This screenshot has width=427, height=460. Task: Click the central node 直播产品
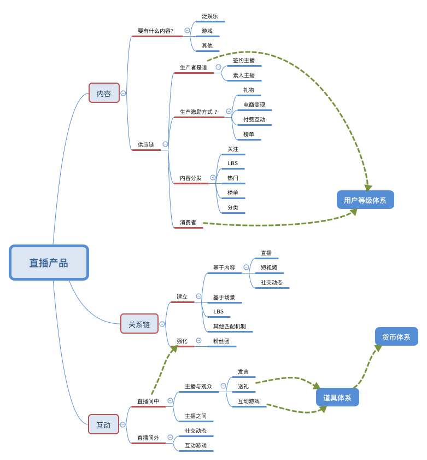tap(49, 263)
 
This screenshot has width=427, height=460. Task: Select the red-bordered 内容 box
tap(104, 93)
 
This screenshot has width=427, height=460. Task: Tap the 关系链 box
tap(139, 324)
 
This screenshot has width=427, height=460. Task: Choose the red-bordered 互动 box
tap(103, 424)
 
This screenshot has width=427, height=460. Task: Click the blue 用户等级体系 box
tap(365, 200)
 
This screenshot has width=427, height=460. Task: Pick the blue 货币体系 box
tap(396, 336)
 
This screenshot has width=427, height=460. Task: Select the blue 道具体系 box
tap(337, 398)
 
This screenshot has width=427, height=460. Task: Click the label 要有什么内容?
tap(156, 31)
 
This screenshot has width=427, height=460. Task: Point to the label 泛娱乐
tap(210, 16)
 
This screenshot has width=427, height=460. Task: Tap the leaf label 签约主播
tap(244, 60)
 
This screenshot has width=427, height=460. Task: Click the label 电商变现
tap(254, 104)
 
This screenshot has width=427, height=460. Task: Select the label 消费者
tap(188, 222)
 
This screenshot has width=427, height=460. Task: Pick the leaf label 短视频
tap(269, 267)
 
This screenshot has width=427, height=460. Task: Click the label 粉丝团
tap(221, 341)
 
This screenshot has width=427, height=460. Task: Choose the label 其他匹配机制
tap(230, 326)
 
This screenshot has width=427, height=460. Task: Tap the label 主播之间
tap(196, 416)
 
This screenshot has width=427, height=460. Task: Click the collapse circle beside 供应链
tap(166, 144)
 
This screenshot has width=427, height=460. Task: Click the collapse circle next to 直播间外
tap(170, 438)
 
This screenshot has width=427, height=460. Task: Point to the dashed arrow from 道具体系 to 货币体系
tap(368, 366)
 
